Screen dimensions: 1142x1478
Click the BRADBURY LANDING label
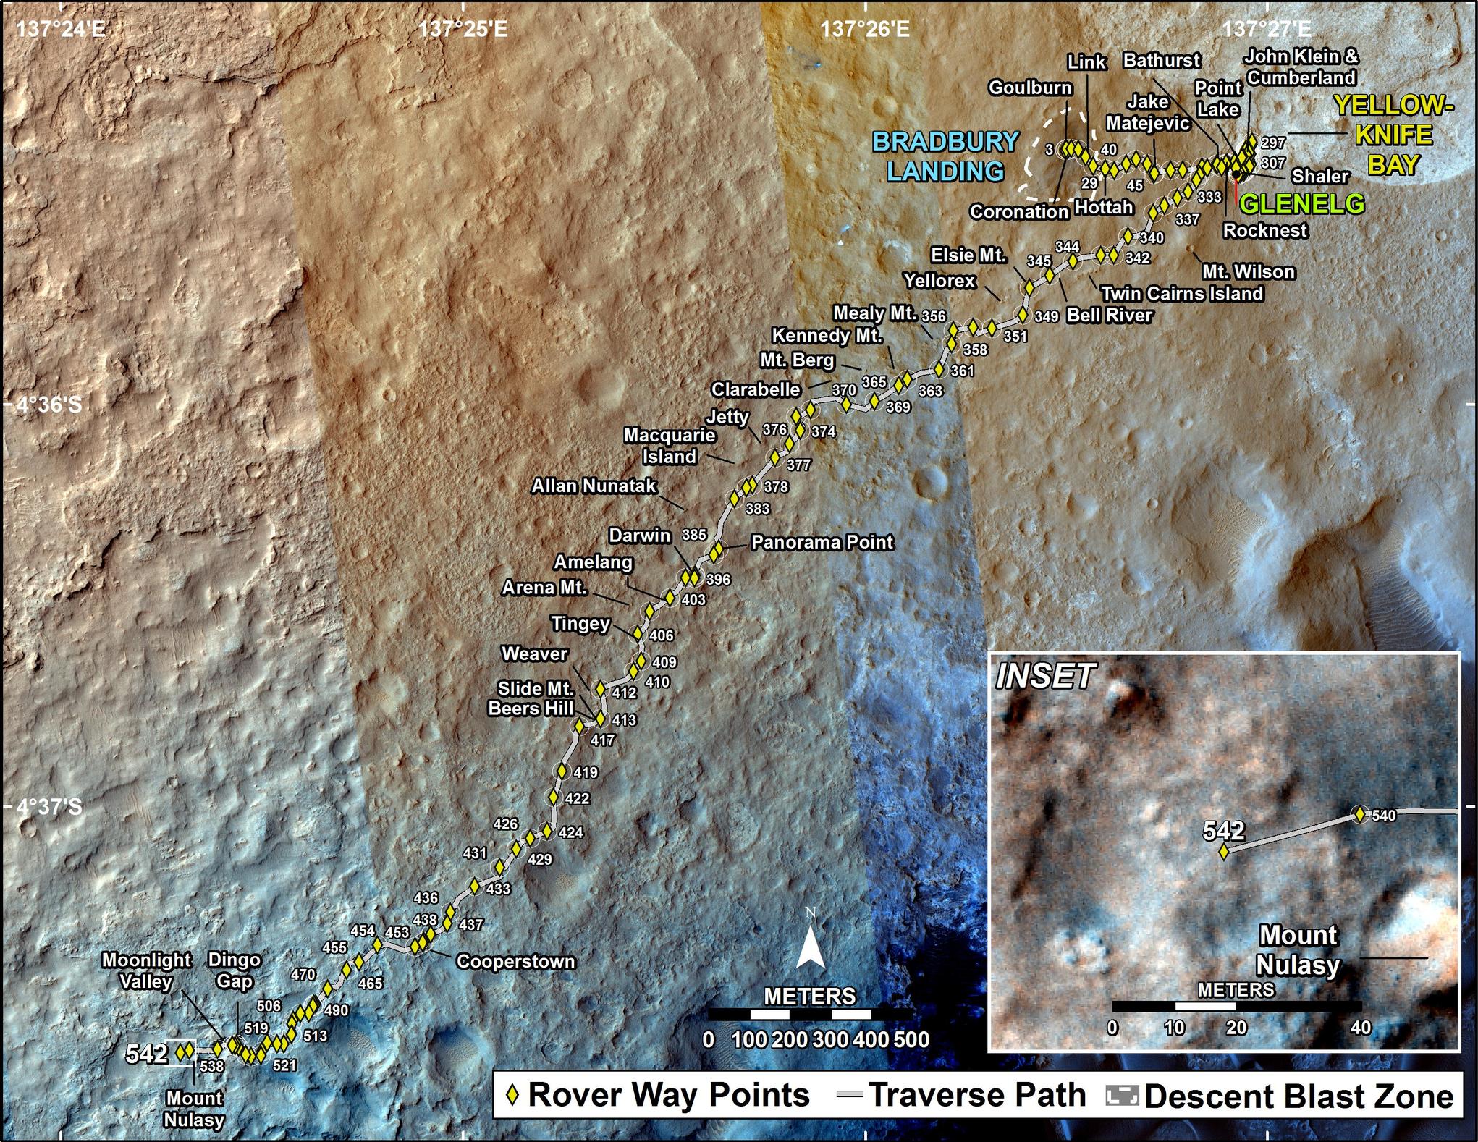coord(946,156)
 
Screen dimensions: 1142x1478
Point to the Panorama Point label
coord(822,542)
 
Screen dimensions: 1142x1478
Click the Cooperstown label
coord(515,962)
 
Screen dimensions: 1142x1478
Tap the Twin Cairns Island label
coord(1182,293)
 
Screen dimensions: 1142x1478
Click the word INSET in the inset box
coord(1044,677)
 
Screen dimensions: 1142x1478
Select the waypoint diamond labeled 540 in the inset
coord(1359,814)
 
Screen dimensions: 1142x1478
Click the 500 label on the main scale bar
coord(911,1040)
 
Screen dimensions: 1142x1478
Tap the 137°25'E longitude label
coord(463,29)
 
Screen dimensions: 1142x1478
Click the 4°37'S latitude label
coord(49,806)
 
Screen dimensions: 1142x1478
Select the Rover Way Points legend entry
coord(659,1095)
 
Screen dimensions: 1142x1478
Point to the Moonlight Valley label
coord(146,970)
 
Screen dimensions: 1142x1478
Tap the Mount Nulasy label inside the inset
coord(1298,949)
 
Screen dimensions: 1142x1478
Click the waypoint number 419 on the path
coord(585,772)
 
